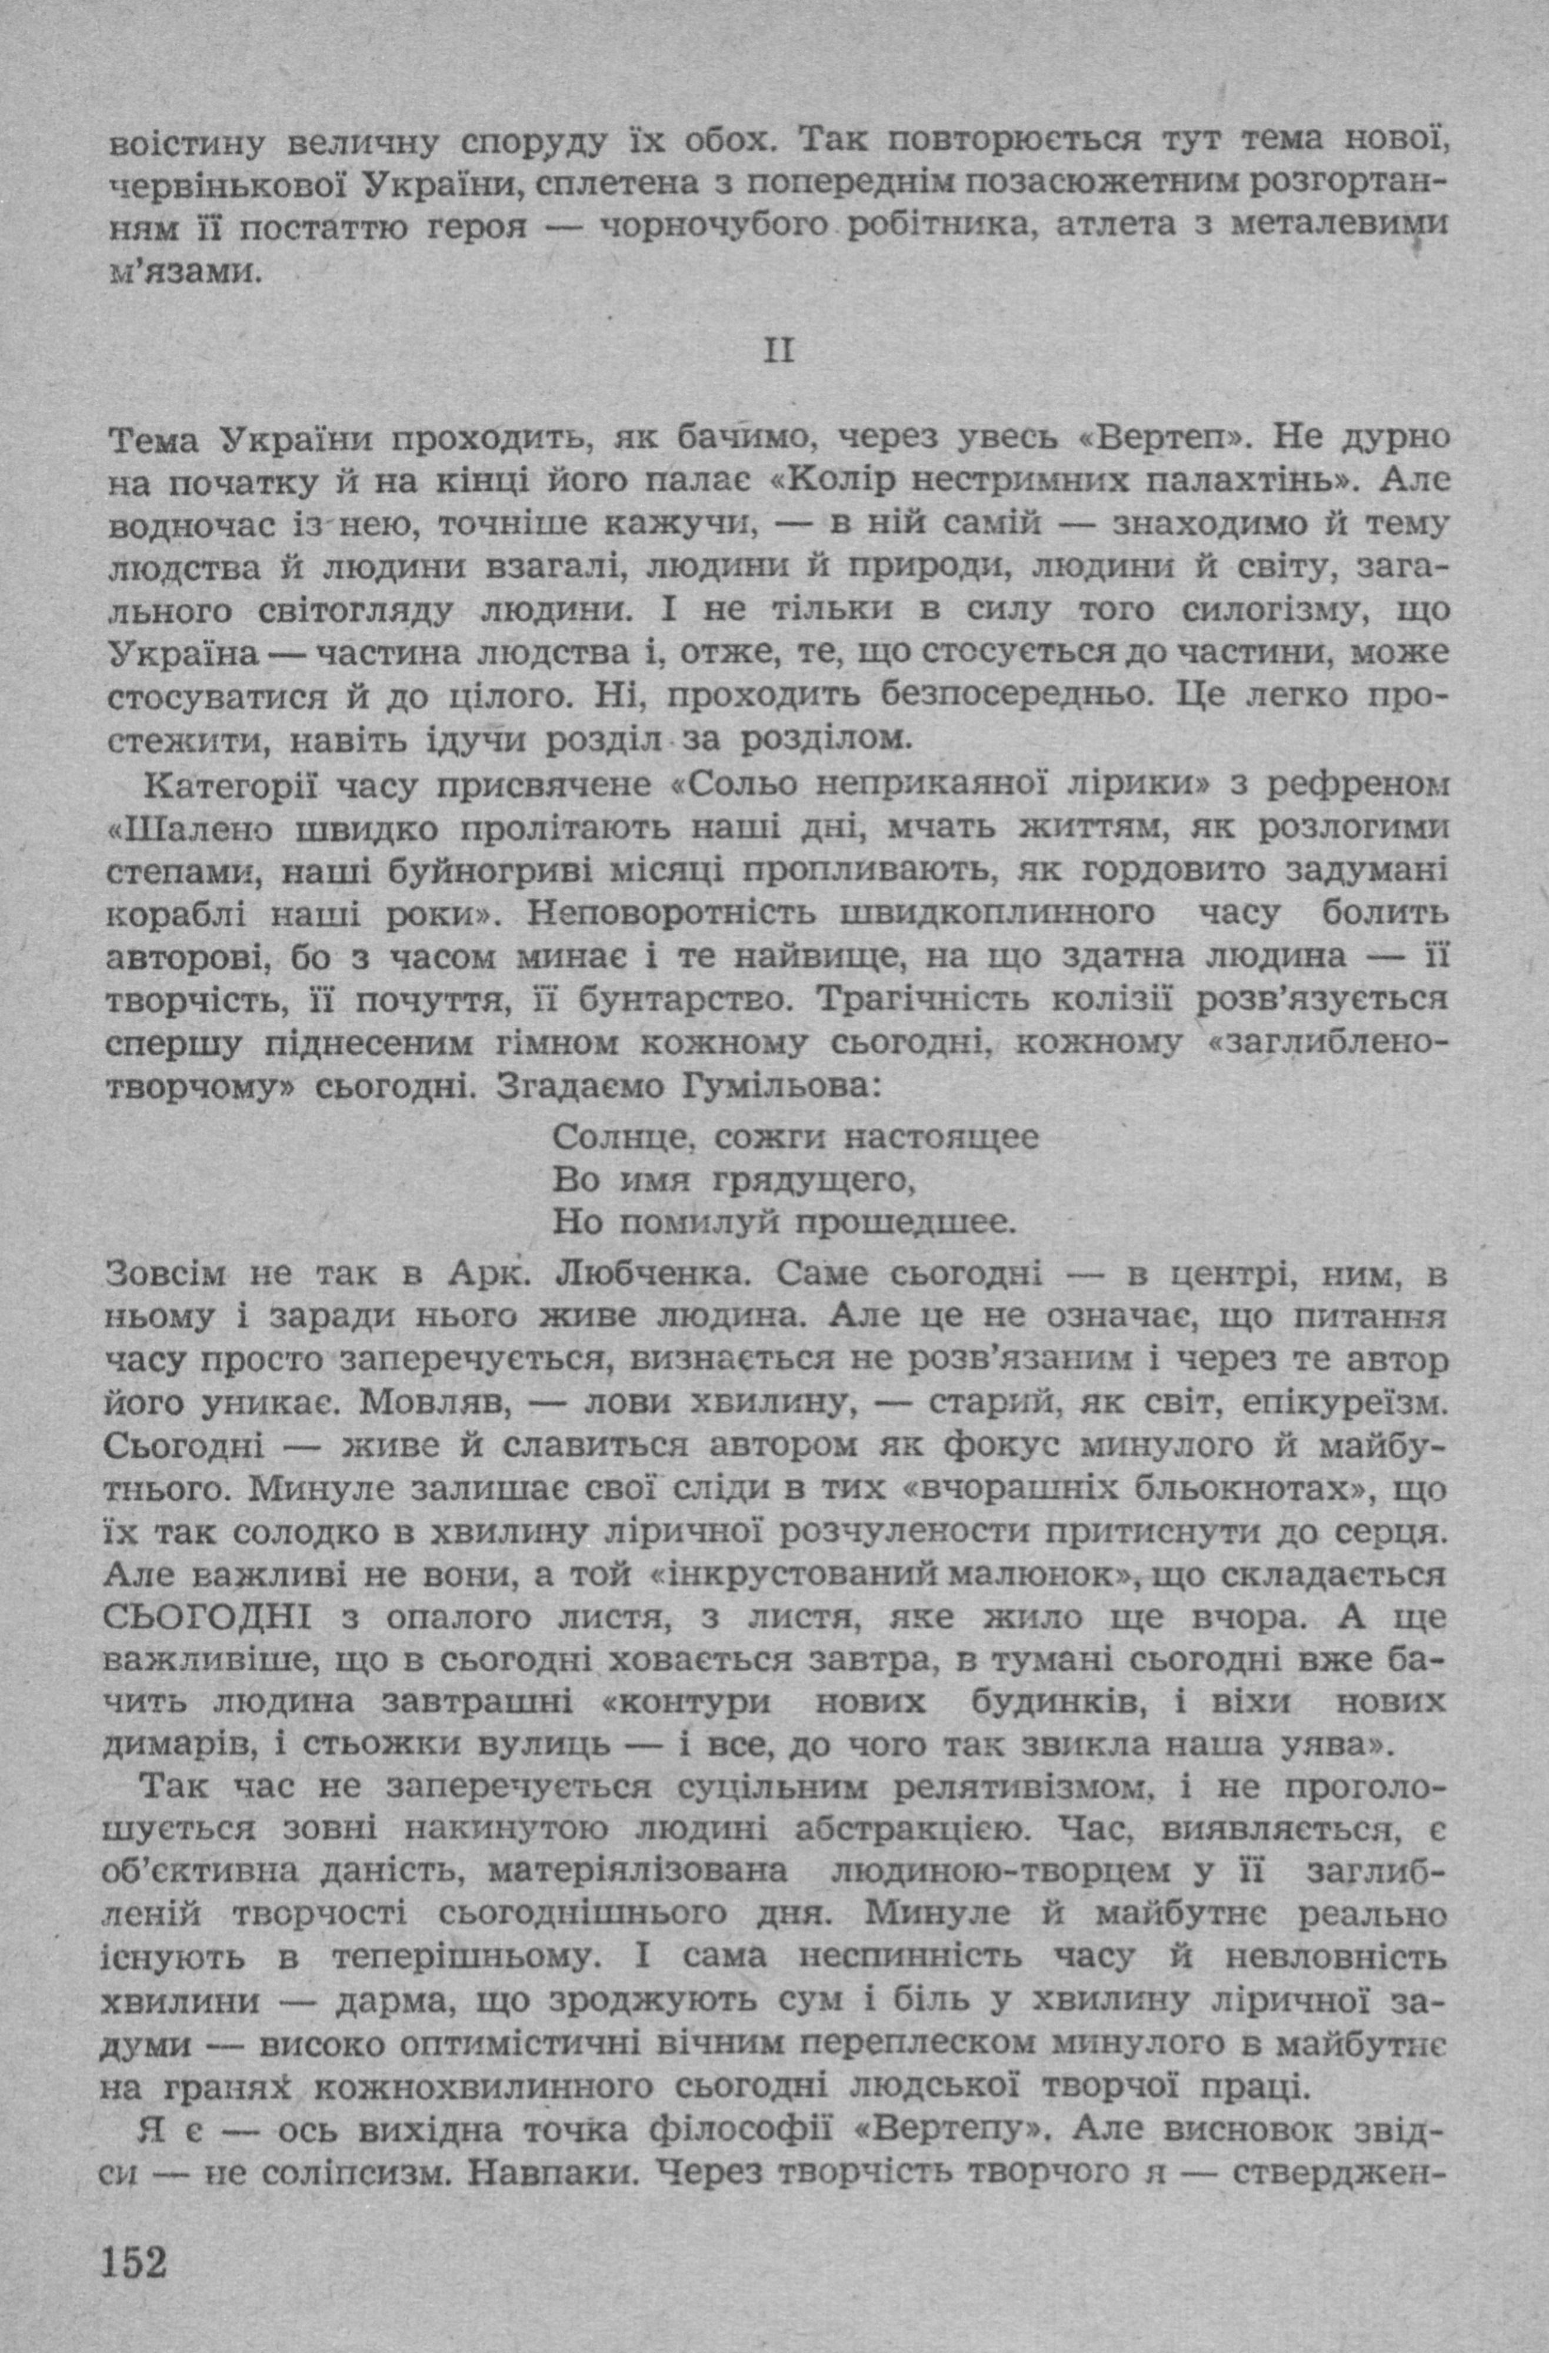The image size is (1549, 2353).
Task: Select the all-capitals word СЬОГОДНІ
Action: click(206, 1618)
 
